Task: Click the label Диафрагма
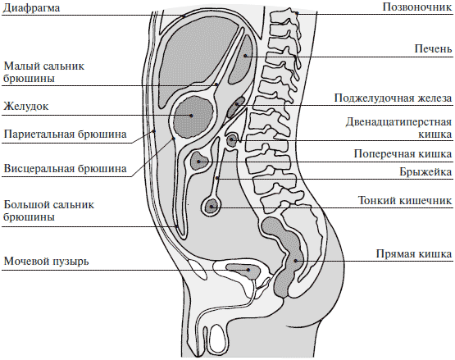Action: (x=31, y=7)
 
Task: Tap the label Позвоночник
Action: (x=417, y=7)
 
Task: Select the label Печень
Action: (x=433, y=48)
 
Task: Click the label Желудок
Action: (x=26, y=107)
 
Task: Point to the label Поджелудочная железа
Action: (x=394, y=98)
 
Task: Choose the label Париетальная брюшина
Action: (x=65, y=134)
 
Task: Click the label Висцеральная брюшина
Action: (x=65, y=169)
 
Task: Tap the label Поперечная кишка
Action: (x=403, y=154)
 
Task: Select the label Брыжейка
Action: (x=426, y=171)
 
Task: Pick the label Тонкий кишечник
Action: (x=405, y=200)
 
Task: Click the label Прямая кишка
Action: (x=414, y=253)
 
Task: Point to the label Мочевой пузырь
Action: (x=47, y=262)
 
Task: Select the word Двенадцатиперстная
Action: (x=398, y=122)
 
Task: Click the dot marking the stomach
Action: (x=191, y=116)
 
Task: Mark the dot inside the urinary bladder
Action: (x=248, y=270)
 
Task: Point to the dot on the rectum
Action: (x=296, y=261)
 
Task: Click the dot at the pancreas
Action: (x=237, y=104)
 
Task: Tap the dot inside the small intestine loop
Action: (x=212, y=207)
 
